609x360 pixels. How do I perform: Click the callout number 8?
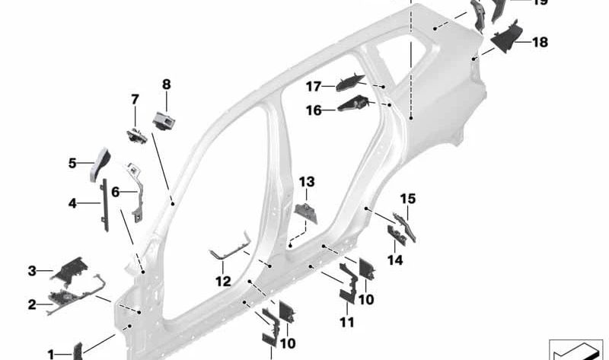pyautogui.click(x=166, y=84)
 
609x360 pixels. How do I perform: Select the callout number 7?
pyautogui.click(x=135, y=100)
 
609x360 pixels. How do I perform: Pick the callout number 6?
pyautogui.click(x=116, y=193)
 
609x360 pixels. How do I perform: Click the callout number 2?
pyautogui.click(x=32, y=305)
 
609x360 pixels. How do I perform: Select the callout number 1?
pyautogui.click(x=51, y=354)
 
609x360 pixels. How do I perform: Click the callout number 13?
pyautogui.click(x=306, y=182)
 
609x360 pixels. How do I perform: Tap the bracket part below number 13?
pyautogui.click(x=306, y=213)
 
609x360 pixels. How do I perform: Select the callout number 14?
pyautogui.click(x=394, y=259)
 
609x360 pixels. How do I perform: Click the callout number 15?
pyautogui.click(x=408, y=199)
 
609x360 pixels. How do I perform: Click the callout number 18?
pyautogui.click(x=539, y=43)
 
